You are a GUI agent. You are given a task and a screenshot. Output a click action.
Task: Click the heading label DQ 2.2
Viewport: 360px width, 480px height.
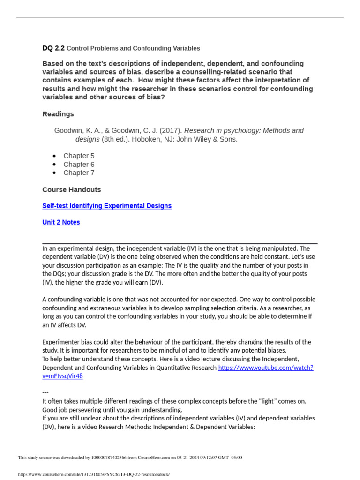[53, 48]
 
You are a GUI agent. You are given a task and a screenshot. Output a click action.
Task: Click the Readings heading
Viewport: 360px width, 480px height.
[58, 114]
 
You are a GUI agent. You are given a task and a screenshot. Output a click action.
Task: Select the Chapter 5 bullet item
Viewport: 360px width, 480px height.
[79, 156]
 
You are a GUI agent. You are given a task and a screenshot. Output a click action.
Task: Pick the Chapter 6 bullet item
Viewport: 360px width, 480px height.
[79, 164]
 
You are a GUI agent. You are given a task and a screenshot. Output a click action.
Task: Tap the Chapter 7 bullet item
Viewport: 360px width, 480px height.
[79, 172]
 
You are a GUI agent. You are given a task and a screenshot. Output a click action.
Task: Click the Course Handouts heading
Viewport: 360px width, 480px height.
[71, 190]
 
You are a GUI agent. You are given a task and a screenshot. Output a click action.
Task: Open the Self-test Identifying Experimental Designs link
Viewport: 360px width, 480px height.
[107, 206]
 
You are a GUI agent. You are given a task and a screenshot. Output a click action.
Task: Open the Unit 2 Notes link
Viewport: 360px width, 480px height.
[61, 222]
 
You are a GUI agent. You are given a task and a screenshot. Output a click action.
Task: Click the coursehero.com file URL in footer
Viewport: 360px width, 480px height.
[94, 474]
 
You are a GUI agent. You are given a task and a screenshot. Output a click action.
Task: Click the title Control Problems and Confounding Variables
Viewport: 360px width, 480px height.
[133, 48]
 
